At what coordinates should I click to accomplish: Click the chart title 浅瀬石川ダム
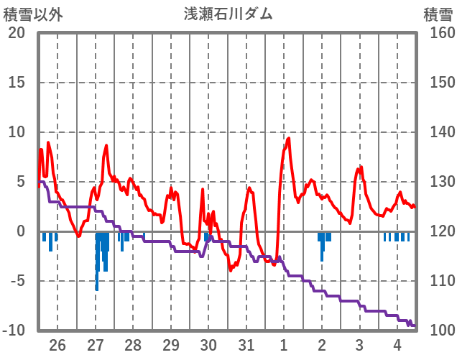click(x=228, y=14)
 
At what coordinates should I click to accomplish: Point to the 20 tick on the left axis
click(x=17, y=33)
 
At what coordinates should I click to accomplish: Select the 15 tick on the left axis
click(x=17, y=83)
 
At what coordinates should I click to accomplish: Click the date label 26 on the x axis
click(x=57, y=344)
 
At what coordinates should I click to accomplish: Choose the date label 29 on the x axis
click(x=171, y=344)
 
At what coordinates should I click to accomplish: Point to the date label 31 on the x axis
click(x=246, y=344)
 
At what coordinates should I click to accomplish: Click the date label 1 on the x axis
click(x=284, y=344)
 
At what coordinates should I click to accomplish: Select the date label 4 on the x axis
click(x=397, y=344)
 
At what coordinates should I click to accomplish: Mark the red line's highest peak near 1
click(x=289, y=138)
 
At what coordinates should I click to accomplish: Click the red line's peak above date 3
click(x=361, y=167)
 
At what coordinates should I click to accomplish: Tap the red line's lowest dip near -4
click(x=231, y=270)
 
